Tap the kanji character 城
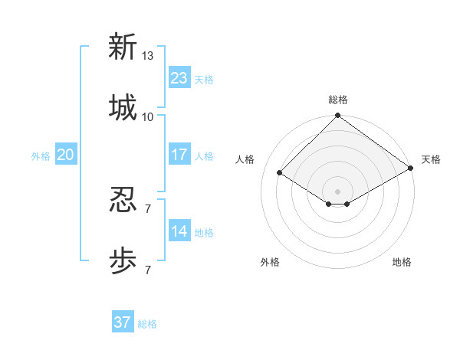pos(123,107)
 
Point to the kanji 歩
pos(123,261)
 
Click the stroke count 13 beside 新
pos(148,56)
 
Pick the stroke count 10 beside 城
pos(148,116)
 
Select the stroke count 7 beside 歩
pos(148,270)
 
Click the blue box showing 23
pos(179,78)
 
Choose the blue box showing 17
pos(179,155)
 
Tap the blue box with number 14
pos(179,231)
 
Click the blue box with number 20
pos(66,155)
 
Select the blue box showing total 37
pos(123,322)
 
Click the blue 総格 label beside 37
pos(147,324)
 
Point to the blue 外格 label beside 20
pos(41,156)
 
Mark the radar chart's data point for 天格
pos(411,169)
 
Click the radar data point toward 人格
pos(280,173)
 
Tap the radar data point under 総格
pos(337,116)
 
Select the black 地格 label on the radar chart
pos(402,262)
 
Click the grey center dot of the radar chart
pos(337,191)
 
